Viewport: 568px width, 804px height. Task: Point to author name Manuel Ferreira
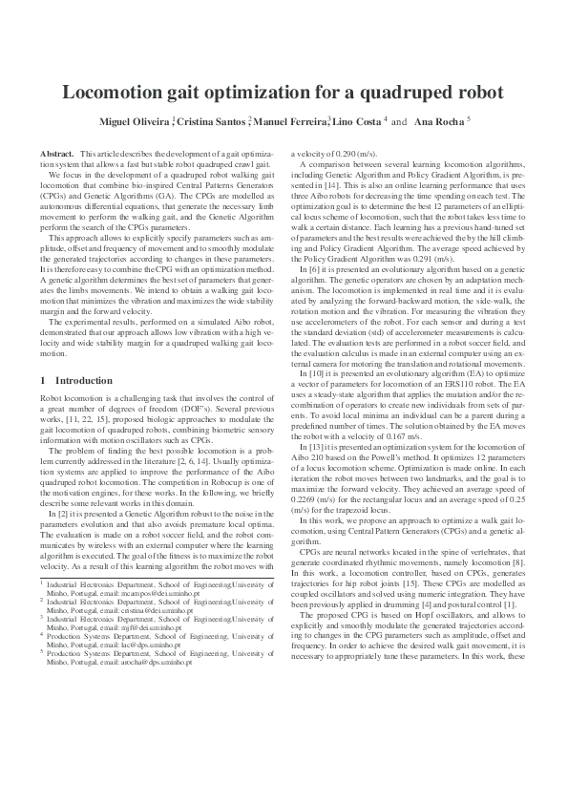(290, 122)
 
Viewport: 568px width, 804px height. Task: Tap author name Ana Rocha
(462, 122)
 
